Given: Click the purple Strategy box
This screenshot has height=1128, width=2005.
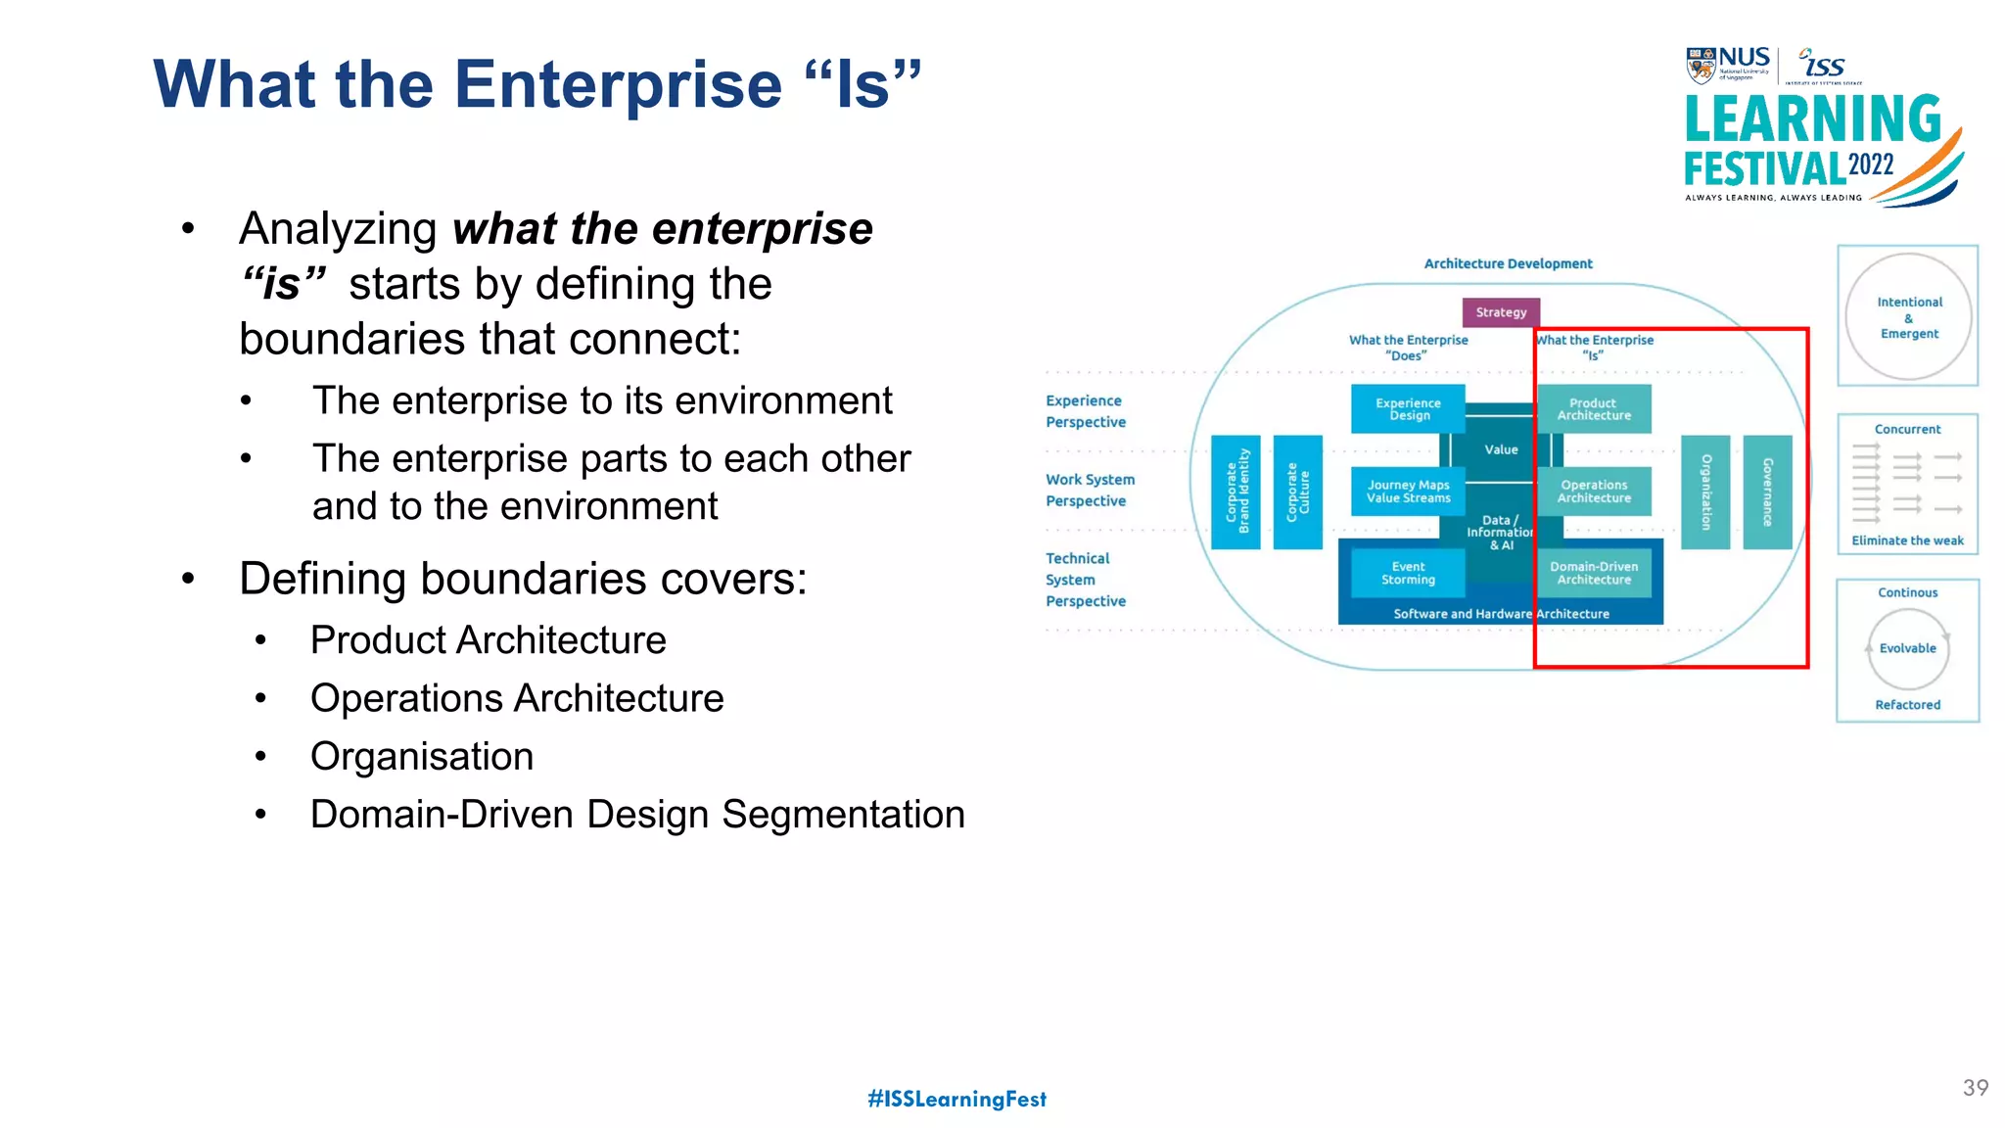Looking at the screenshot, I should click(1501, 312).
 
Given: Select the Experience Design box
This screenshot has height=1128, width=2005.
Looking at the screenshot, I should click(1408, 408).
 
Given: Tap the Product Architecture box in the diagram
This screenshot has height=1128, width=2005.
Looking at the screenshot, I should click(1594, 408).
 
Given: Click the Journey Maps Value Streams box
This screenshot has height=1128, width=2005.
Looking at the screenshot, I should click(1408, 491).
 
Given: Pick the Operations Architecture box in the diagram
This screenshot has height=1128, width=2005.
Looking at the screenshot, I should click(1594, 491).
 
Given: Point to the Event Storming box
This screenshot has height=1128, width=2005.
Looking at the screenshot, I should click(1408, 573).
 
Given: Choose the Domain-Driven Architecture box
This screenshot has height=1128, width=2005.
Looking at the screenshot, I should click(1594, 573).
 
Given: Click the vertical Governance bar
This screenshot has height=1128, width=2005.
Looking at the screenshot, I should click(1767, 492).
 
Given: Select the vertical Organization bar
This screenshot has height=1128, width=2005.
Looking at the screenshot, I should click(1705, 492).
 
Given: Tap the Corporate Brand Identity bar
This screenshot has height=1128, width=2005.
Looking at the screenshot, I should click(1236, 492).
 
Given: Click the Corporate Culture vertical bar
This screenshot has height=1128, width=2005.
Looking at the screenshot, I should click(1297, 492).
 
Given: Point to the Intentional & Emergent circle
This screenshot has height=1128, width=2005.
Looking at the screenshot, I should click(1908, 317).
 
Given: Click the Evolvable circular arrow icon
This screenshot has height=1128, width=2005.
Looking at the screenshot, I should click(1907, 648).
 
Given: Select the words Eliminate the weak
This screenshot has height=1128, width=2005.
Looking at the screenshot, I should click(1907, 540).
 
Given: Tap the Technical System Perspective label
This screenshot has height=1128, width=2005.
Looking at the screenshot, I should click(1085, 580).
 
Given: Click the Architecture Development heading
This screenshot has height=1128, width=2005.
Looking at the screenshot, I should click(1508, 263).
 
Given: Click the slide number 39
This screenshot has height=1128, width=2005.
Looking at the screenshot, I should click(1975, 1088).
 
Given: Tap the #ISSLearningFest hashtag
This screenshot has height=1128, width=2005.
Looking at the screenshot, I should click(956, 1099).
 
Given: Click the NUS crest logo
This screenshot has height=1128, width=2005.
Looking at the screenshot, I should click(1701, 67).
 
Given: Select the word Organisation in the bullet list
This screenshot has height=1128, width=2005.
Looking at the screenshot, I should click(422, 757).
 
